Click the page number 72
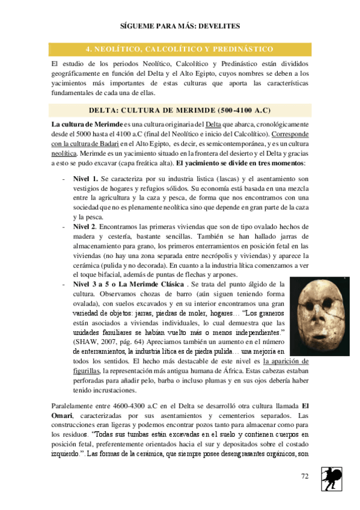[305, 476]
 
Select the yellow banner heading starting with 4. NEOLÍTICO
[180, 49]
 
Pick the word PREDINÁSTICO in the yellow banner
[242, 49]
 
